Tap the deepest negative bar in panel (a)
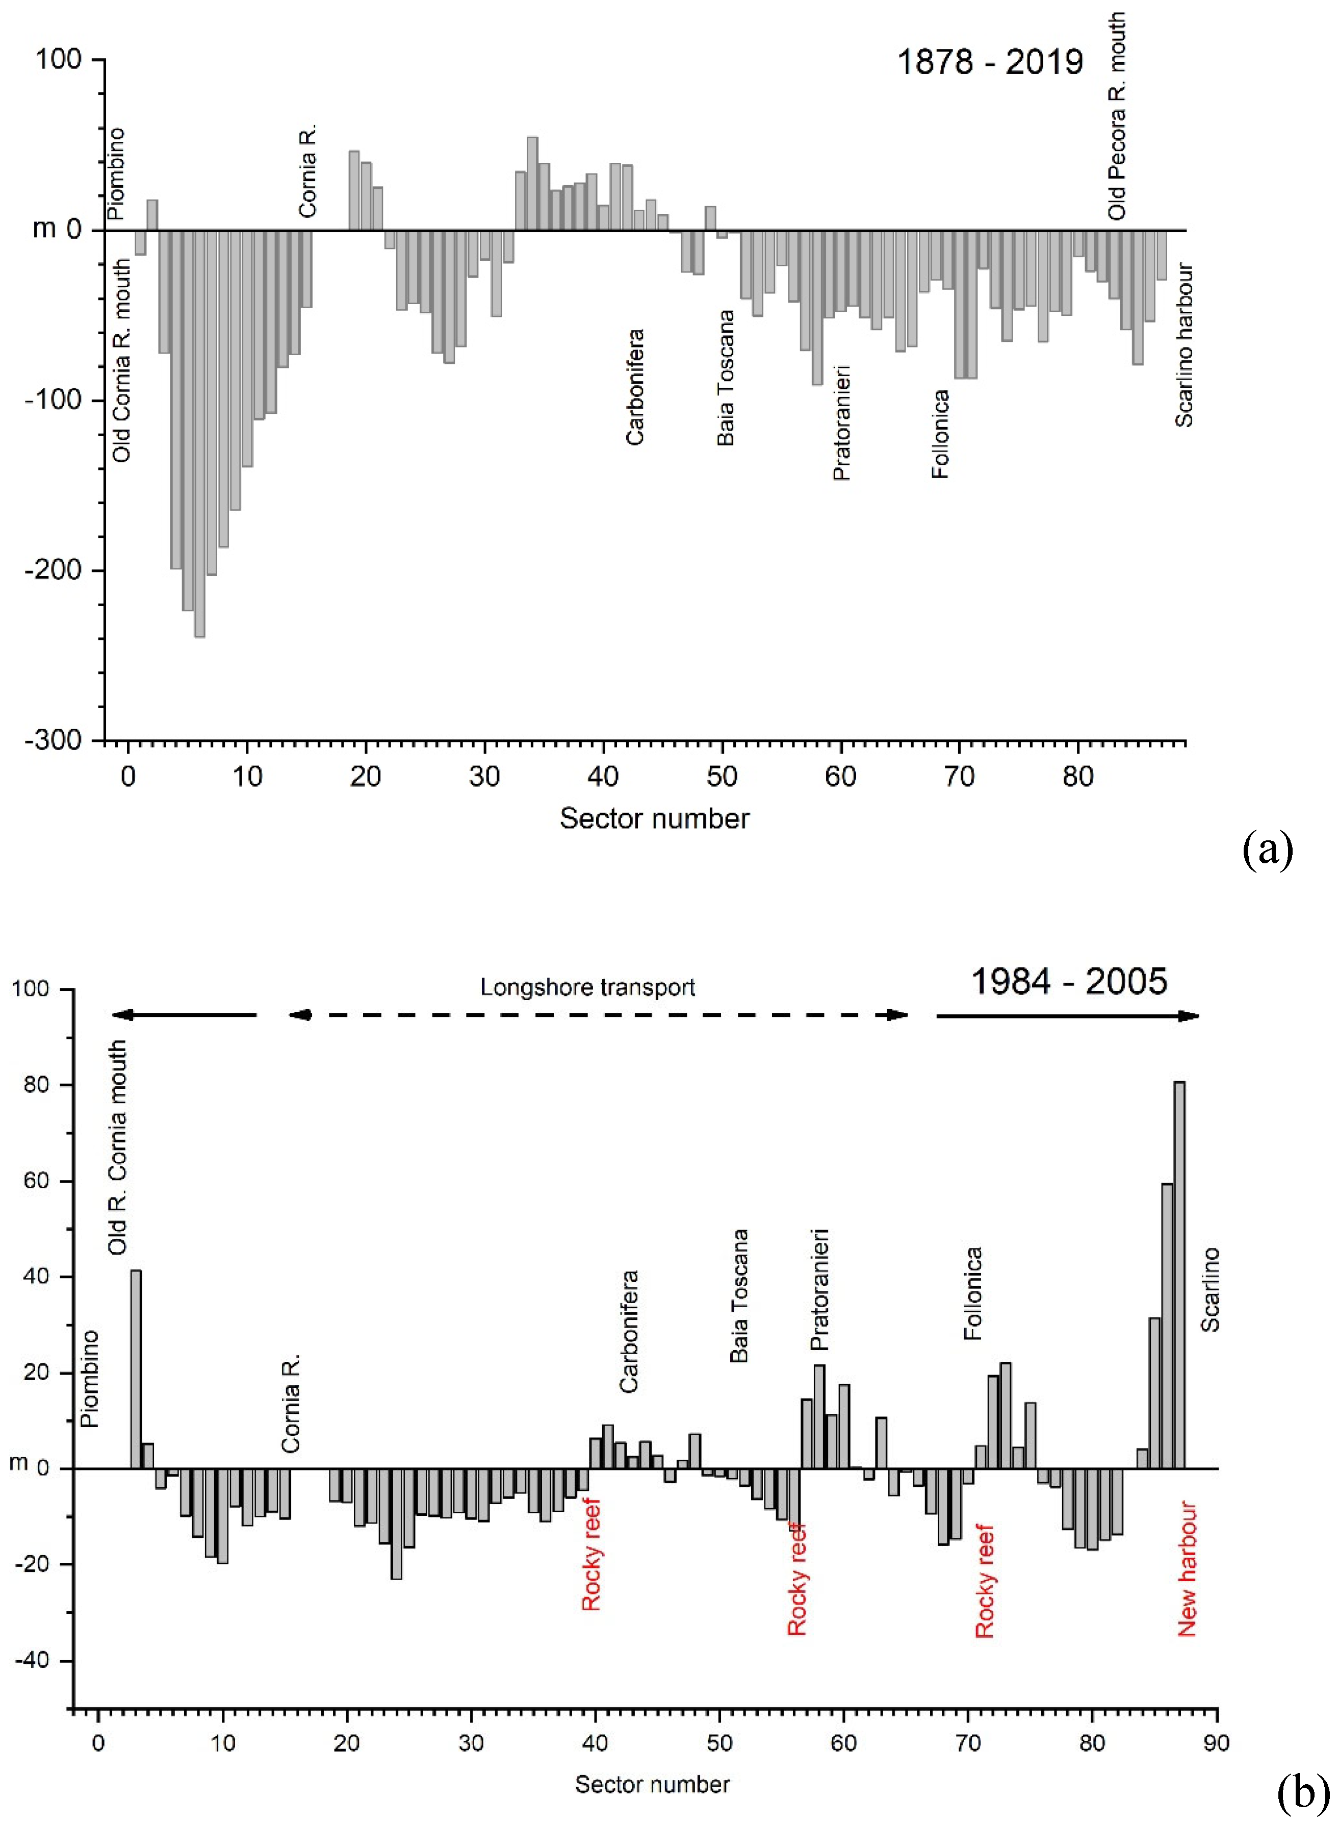(199, 434)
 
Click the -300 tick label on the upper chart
(54, 740)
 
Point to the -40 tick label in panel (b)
(33, 1660)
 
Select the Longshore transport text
(587, 988)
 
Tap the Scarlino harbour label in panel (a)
(1184, 344)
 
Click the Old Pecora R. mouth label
(1117, 116)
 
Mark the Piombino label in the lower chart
(90, 1379)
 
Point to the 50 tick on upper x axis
(722, 776)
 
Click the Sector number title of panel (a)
(654, 818)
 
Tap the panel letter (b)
(1302, 1792)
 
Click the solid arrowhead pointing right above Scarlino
(1188, 1015)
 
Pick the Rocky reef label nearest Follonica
(984, 1581)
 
